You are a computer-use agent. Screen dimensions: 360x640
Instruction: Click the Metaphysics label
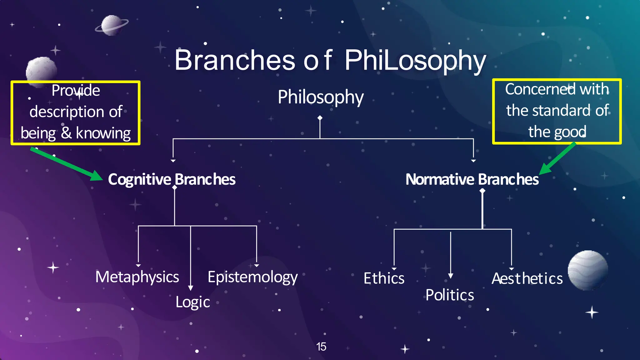(x=137, y=277)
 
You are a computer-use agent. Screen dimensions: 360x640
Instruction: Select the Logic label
(x=192, y=302)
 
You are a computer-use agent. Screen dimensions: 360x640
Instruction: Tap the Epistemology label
(x=252, y=277)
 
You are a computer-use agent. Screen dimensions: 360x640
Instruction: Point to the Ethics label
(x=384, y=278)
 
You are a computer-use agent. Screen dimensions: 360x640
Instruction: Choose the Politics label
(x=450, y=295)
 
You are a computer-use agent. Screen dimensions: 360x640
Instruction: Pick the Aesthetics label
(x=527, y=278)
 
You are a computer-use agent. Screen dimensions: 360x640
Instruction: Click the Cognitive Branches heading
(x=172, y=179)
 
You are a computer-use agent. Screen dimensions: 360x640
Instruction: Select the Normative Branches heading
(x=472, y=179)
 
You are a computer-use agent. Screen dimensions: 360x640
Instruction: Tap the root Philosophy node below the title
(x=321, y=97)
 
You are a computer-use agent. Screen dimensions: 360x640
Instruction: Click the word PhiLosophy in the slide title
(x=415, y=60)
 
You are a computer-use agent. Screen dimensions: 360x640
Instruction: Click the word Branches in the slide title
(x=235, y=60)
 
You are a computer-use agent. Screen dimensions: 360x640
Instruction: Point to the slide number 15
(x=321, y=347)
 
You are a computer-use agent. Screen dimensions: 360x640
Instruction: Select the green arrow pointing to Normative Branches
(x=557, y=158)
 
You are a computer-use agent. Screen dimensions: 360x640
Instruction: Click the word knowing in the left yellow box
(x=103, y=133)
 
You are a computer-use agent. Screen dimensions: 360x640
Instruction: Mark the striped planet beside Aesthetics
(x=587, y=270)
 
